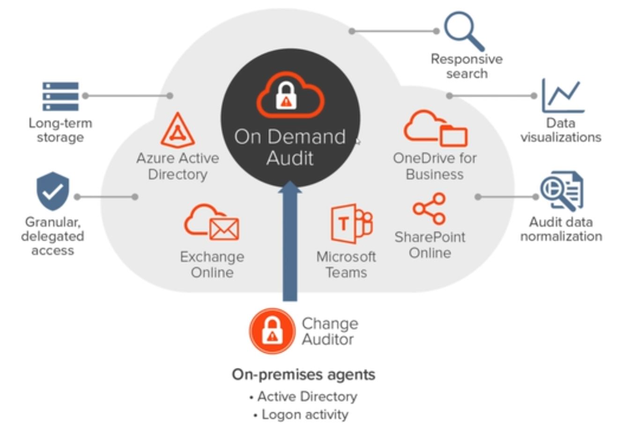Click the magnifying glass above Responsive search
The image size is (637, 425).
click(x=463, y=30)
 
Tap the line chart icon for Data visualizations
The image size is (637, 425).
click(x=562, y=96)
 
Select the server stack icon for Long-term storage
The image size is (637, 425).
click(x=60, y=96)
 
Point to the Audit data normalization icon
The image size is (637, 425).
click(x=562, y=191)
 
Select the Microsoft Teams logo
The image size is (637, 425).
click(x=351, y=223)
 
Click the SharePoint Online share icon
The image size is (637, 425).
click(x=430, y=209)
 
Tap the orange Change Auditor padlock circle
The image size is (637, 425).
click(x=272, y=331)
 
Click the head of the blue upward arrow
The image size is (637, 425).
click(x=290, y=188)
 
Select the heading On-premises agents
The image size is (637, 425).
click(x=304, y=375)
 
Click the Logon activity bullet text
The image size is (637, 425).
click(x=305, y=415)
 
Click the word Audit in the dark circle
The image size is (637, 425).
click(x=290, y=158)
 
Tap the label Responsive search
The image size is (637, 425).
click(x=467, y=66)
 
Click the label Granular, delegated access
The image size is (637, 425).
click(x=52, y=236)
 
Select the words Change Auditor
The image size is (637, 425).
click(x=330, y=331)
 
